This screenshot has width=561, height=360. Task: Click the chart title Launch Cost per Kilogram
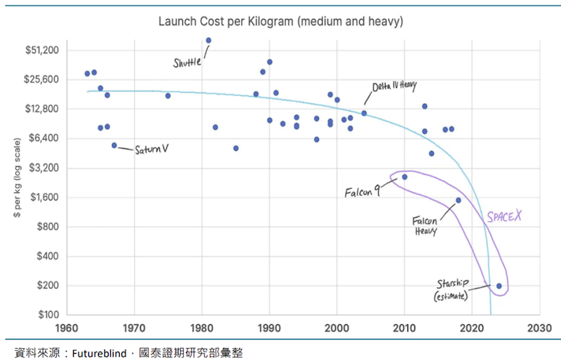280,22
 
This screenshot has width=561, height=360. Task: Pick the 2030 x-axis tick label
539,328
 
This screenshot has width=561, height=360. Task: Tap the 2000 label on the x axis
337,328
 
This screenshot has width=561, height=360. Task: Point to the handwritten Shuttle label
187,62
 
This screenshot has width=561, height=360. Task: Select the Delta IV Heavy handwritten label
394,86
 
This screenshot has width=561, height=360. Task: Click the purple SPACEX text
504,218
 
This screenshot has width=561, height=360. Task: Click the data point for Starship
499,286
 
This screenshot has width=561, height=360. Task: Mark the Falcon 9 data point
405,177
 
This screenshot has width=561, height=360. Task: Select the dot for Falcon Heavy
459,200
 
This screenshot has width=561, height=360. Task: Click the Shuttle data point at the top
208,41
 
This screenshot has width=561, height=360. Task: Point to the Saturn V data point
114,145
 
